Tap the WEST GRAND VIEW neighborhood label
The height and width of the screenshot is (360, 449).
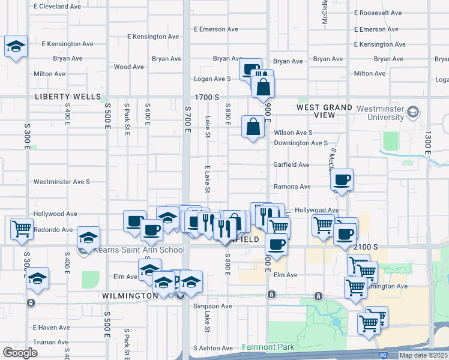(x=324, y=111)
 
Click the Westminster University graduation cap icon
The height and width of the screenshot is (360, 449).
(x=412, y=112)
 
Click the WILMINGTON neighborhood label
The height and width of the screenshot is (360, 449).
(x=130, y=296)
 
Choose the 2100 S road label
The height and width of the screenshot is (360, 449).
(x=365, y=247)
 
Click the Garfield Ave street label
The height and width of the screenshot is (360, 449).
(x=291, y=164)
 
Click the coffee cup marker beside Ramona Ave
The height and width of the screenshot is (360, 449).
(x=342, y=179)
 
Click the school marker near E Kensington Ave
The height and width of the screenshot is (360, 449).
(x=16, y=47)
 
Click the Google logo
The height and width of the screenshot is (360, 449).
(x=20, y=353)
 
